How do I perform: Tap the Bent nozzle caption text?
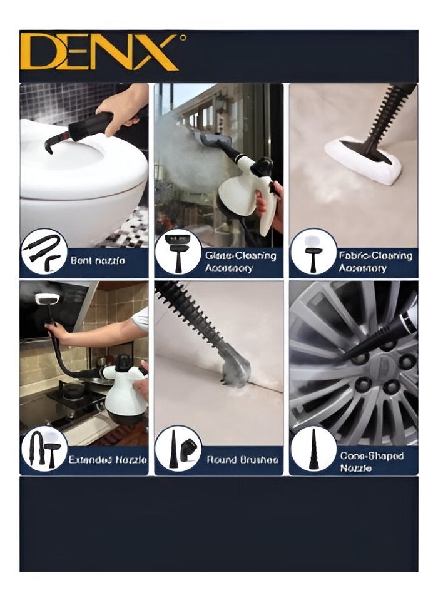click(x=98, y=260)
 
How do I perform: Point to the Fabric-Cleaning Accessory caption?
click(x=375, y=262)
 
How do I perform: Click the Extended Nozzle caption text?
click(x=108, y=460)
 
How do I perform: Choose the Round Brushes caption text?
click(x=242, y=460)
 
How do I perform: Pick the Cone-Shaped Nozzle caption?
click(x=371, y=462)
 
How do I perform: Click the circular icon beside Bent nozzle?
click(x=43, y=253)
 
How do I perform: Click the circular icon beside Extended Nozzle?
click(x=44, y=449)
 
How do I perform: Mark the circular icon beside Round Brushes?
click(x=178, y=449)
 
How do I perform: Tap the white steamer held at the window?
click(x=250, y=188)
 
